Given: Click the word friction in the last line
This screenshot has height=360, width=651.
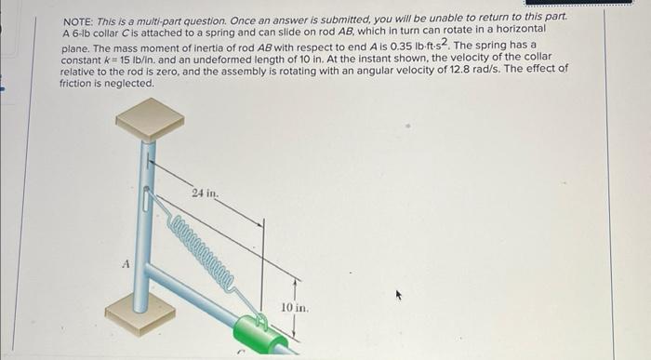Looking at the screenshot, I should tap(77, 82).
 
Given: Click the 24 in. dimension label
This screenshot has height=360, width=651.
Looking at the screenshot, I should tap(205, 193).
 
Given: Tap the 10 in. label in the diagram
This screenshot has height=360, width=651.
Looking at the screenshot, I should tap(294, 306).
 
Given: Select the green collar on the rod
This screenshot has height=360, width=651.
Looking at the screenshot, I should tap(265, 334).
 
